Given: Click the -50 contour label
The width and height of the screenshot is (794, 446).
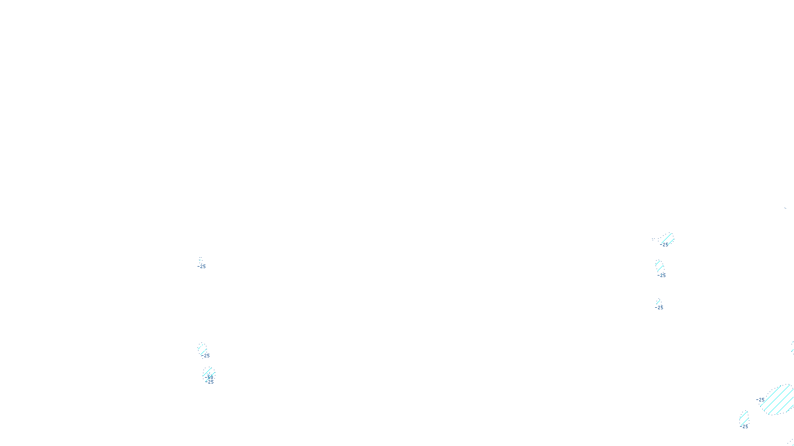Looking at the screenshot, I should pos(209,377).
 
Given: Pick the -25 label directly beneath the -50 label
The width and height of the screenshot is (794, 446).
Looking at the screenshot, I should pos(210,382).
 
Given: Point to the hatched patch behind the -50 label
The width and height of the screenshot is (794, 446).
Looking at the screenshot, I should pos(208,372).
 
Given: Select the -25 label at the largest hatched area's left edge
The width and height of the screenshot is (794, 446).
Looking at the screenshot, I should pos(760,400).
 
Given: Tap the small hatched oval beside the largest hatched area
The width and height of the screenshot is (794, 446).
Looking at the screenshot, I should pos(743,417).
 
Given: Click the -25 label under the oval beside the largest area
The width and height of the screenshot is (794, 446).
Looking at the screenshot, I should pos(744,426).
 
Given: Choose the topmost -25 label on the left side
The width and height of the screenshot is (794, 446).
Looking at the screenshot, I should pos(201,267).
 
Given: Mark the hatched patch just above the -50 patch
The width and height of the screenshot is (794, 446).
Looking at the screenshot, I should pos(202,348).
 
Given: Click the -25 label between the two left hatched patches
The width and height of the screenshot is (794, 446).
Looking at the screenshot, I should pos(205,356).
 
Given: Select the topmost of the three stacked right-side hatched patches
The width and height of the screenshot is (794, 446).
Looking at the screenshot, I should pos(667,239).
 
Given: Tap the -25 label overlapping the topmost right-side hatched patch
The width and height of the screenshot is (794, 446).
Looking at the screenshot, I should pos(664,245).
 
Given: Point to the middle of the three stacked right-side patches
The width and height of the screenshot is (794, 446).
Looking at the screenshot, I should pos(659,266).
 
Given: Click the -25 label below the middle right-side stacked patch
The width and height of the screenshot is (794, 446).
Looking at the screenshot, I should pos(662,276).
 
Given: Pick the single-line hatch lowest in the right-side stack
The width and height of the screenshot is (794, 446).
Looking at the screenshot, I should pos(658,301).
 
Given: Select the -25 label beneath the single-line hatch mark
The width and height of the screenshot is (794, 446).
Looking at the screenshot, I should pos(659,308).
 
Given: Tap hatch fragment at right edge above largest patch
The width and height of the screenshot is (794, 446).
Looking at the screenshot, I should pos(792,347).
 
